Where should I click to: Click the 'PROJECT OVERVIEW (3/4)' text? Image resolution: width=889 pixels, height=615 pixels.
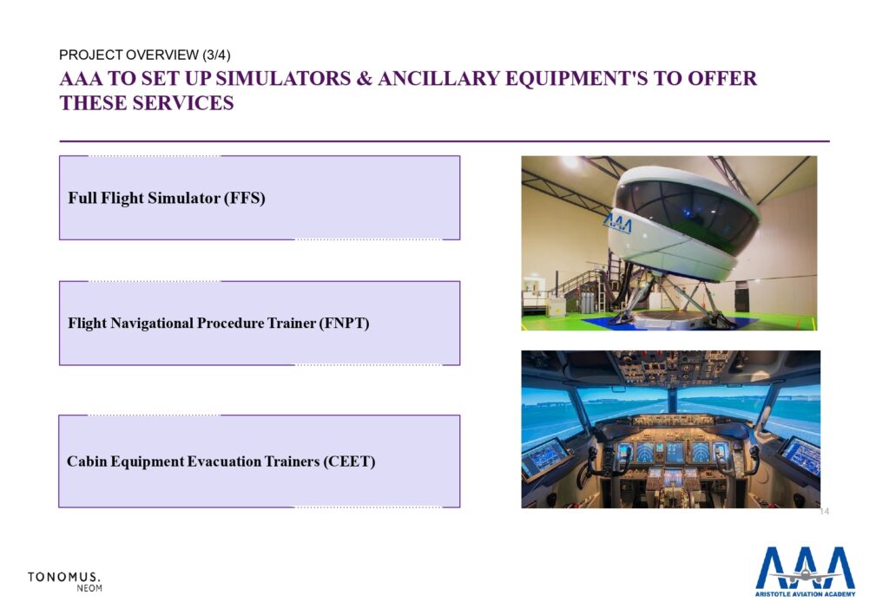coord(145,55)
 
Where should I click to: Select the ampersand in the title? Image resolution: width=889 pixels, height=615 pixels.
coord(364,79)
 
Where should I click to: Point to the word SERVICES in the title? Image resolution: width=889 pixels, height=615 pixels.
coord(182,103)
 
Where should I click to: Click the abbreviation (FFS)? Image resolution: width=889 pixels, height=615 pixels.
coord(244,198)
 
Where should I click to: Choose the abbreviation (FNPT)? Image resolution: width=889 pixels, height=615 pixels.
coord(344,324)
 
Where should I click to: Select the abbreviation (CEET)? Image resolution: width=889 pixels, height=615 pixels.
coord(349,461)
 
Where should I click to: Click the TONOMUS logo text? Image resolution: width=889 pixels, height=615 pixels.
coord(64,577)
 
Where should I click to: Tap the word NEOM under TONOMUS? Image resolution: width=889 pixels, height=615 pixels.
coord(89,588)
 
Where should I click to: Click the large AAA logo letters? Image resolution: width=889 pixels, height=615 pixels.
coord(805,568)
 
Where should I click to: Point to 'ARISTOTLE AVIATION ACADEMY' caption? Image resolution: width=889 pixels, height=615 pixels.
coord(805,593)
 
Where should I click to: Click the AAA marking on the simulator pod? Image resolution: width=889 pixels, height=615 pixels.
coord(617,222)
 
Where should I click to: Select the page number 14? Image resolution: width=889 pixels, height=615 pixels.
coord(825,512)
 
